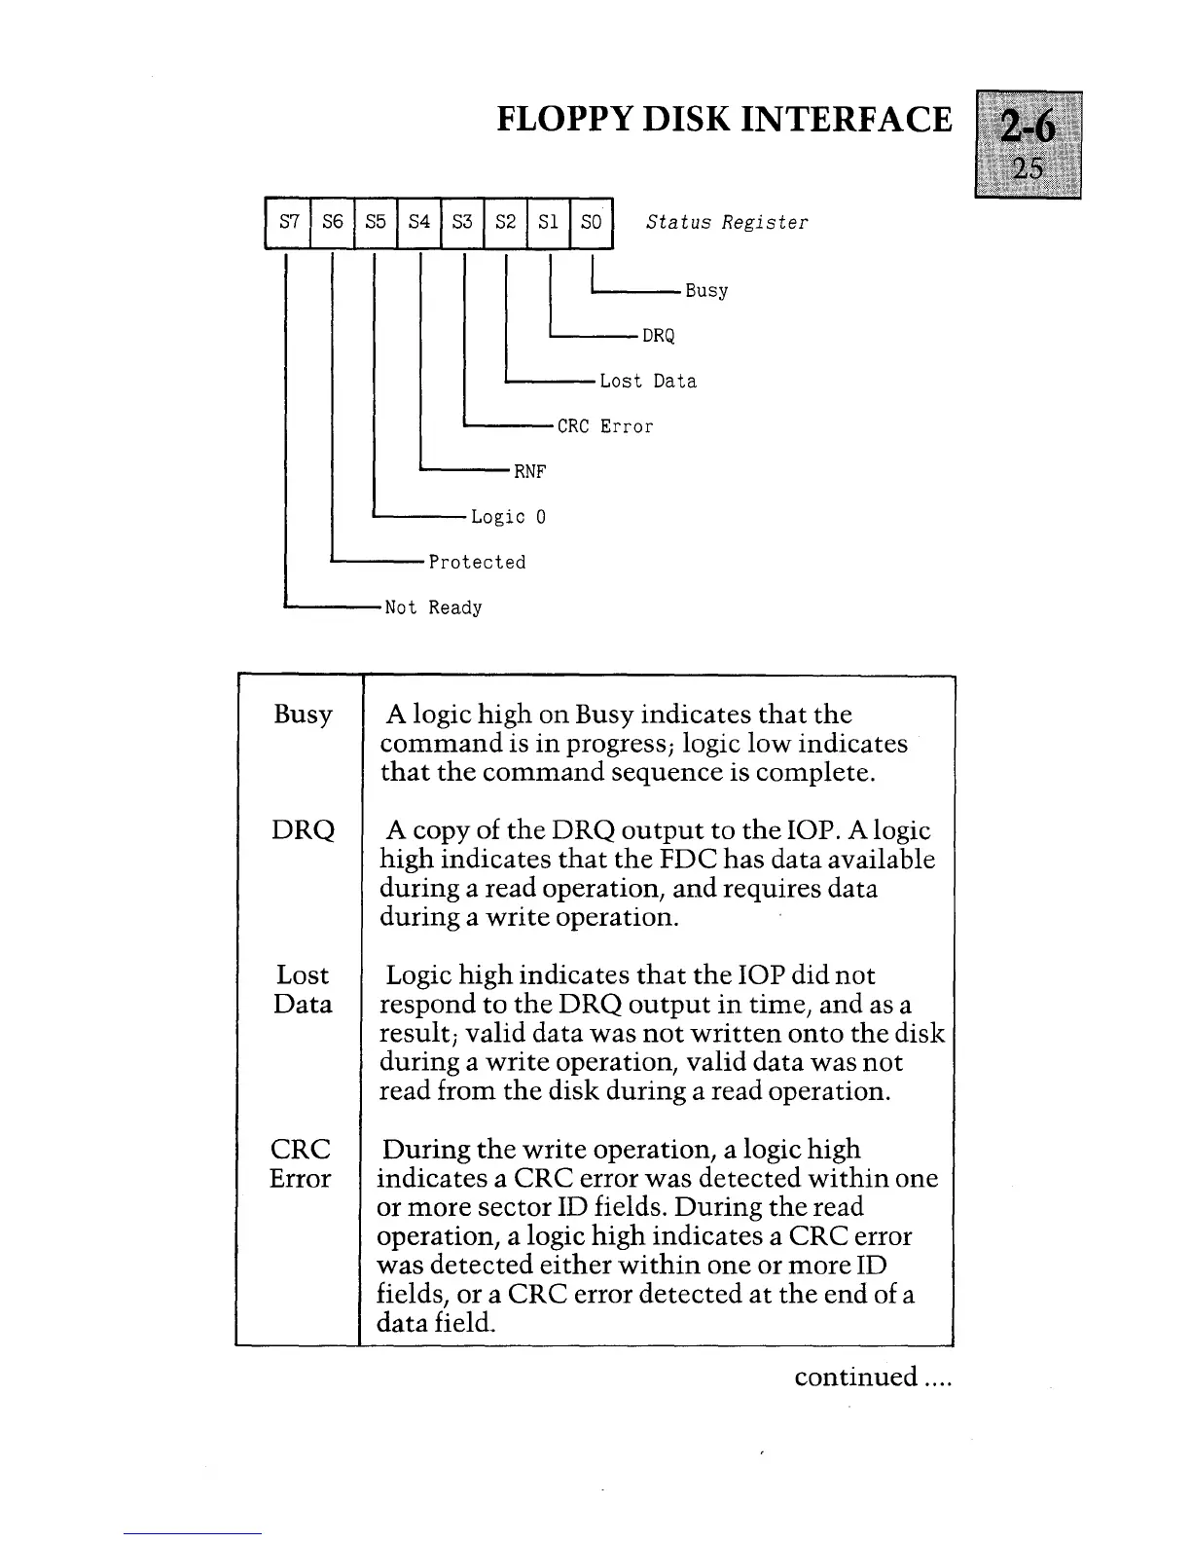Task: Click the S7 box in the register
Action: tap(288, 222)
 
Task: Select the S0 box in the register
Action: tap(591, 222)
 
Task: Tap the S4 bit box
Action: tap(418, 222)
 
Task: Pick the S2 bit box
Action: tap(505, 222)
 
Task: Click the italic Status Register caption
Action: tap(727, 222)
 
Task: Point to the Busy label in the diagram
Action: tap(706, 291)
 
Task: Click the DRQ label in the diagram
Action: tap(659, 336)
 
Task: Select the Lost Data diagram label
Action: tap(648, 382)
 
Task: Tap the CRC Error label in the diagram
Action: tap(605, 426)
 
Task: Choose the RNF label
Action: tap(530, 472)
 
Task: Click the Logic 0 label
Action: tap(508, 517)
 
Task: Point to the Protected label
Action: tap(477, 563)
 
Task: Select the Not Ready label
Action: tap(433, 608)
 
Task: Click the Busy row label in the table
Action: tap(303, 716)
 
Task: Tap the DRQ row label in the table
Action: tap(303, 830)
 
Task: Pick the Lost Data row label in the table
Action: tap(303, 990)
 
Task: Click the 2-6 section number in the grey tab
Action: tap(1028, 128)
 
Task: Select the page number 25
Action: tap(1028, 169)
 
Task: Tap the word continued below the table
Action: tap(855, 1377)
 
